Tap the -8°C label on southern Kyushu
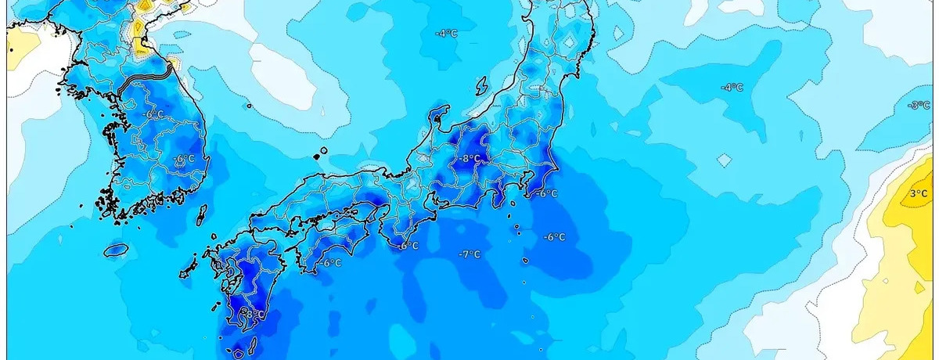point(252,315)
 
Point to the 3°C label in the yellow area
point(919,193)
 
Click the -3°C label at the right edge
point(918,105)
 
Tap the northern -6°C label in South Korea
point(153,114)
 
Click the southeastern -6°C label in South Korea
point(183,159)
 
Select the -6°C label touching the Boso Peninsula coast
point(547,193)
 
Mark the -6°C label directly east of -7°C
point(554,237)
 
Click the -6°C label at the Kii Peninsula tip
point(408,246)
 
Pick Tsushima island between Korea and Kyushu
point(201,214)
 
